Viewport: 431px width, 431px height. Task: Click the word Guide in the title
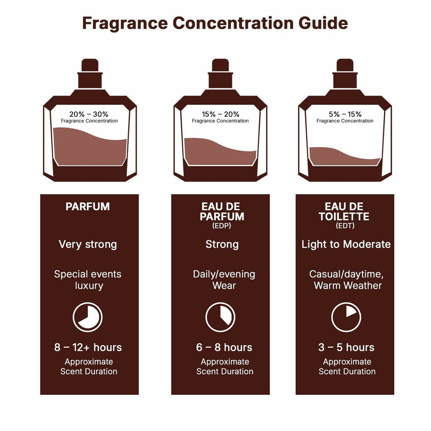[323, 23]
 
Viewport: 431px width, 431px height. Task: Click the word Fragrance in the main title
[125, 23]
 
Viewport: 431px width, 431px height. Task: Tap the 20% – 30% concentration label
[89, 114]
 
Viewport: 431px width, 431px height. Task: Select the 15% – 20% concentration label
[220, 114]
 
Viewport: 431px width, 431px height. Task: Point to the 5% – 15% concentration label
[345, 114]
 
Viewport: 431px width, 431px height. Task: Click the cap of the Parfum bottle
[90, 66]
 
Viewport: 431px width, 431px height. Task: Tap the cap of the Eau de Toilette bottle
[345, 66]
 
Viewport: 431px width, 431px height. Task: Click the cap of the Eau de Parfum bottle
[220, 66]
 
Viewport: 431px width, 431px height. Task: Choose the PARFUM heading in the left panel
[88, 207]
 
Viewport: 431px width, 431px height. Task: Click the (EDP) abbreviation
[222, 226]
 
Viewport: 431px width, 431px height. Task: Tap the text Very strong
[88, 245]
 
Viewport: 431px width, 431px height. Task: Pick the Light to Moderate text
[346, 245]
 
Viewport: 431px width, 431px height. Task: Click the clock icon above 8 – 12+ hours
[88, 317]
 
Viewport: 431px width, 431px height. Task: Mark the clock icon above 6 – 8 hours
[220, 317]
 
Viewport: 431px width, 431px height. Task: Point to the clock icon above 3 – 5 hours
[346, 317]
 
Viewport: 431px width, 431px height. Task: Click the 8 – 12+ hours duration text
[88, 348]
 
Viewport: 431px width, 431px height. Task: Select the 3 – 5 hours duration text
[346, 348]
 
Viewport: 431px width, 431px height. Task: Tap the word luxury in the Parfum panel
[89, 286]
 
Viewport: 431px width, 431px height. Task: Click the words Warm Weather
[348, 286]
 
